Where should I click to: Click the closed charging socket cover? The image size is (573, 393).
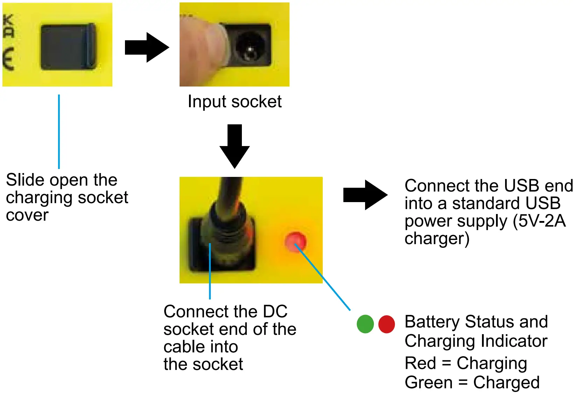pyautogui.click(x=68, y=47)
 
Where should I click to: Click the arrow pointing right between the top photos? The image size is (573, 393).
pyautogui.click(x=147, y=47)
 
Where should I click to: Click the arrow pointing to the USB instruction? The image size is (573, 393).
pyautogui.click(x=365, y=195)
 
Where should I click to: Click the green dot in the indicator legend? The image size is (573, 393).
pyautogui.click(x=365, y=324)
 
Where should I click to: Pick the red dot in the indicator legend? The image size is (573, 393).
pyautogui.click(x=386, y=324)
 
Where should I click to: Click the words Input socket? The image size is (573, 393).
pyautogui.click(x=235, y=102)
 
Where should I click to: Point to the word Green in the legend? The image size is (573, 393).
pyautogui.click(x=428, y=382)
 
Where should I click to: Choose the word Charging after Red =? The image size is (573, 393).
pyautogui.click(x=492, y=363)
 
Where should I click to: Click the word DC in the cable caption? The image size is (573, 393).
pyautogui.click(x=275, y=311)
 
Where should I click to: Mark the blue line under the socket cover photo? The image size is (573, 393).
pyautogui.click(x=59, y=131)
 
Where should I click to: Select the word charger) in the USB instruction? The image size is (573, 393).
pyautogui.click(x=437, y=239)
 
